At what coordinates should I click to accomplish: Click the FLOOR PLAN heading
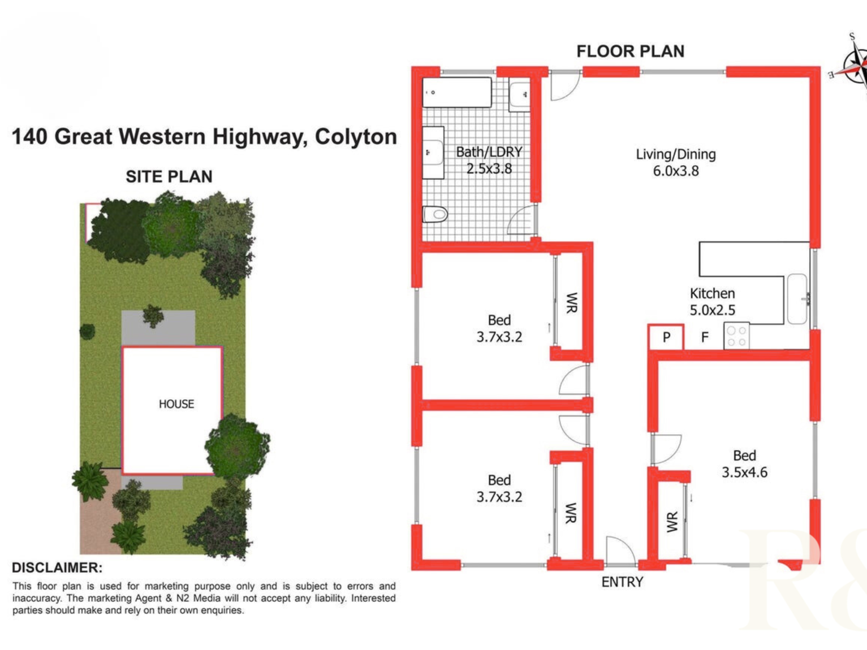click(630, 51)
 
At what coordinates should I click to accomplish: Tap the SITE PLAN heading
click(169, 177)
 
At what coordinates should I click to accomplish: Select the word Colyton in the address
click(356, 137)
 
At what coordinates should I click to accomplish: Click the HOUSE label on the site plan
click(176, 404)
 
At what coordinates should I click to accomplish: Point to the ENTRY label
click(622, 582)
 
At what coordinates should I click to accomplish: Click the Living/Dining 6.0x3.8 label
click(676, 162)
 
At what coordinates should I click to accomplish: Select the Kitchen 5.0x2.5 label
click(712, 301)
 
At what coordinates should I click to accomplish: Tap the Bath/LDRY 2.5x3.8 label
click(489, 160)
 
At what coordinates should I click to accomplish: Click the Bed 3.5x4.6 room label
click(744, 464)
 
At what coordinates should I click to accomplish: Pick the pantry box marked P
click(666, 337)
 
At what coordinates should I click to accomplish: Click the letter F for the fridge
click(705, 337)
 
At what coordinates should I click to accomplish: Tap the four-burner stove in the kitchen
click(736, 336)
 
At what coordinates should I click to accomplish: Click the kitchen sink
click(797, 299)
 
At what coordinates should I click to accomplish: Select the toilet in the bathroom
click(435, 214)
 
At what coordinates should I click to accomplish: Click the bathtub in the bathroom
click(456, 92)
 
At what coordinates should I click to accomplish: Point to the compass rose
click(854, 66)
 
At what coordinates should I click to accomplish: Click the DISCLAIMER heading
click(57, 567)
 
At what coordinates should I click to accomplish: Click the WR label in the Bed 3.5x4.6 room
click(672, 522)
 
